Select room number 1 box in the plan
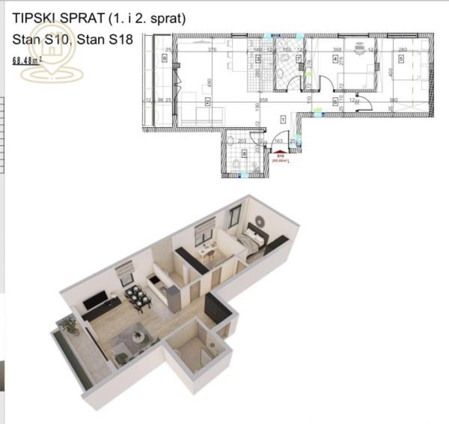(x=283, y=118)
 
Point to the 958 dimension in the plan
(x=264, y=99)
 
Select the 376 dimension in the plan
(x=212, y=50)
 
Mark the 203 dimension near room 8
(x=242, y=141)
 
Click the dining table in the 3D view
(x=136, y=298)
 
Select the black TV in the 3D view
(x=96, y=302)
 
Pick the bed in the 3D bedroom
(x=254, y=242)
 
